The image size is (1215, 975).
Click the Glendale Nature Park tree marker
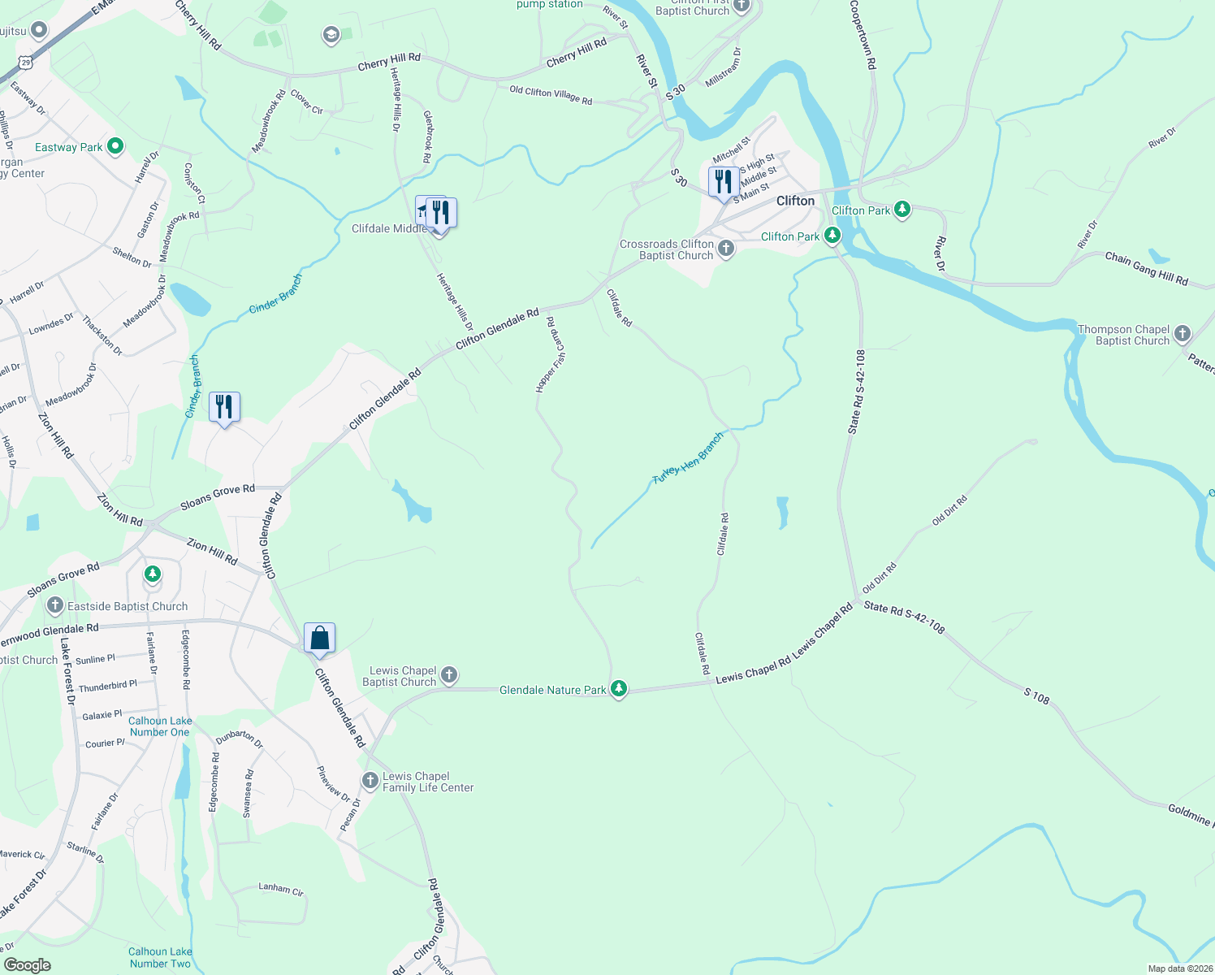point(619,689)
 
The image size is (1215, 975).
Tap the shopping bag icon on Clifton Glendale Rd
point(319,638)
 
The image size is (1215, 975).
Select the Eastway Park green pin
point(115,146)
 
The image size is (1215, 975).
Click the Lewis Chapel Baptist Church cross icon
point(448,675)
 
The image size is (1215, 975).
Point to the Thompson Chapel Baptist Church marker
point(1183,333)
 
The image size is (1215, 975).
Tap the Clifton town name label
point(795,201)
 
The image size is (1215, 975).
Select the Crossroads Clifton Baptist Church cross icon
point(726,249)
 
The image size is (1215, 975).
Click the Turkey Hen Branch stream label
point(688,459)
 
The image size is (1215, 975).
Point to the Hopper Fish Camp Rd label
point(550,355)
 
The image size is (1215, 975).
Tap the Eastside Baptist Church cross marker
point(55,605)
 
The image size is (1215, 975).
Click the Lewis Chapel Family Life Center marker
point(370,782)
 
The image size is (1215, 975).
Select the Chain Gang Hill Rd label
point(1146,269)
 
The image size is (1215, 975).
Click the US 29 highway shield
point(27,62)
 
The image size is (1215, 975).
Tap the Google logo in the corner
point(28,964)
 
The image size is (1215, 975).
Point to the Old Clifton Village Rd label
point(551,96)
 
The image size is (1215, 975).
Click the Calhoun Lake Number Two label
point(160,957)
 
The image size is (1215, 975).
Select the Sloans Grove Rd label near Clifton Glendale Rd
point(218,496)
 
